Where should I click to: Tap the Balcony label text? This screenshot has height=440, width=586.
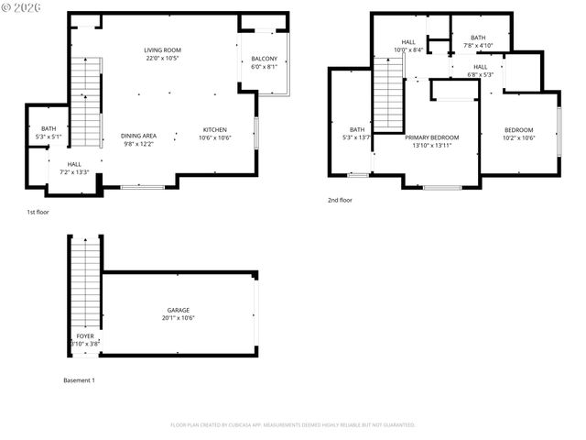[x=264, y=60]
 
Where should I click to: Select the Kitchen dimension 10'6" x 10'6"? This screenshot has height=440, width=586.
[x=215, y=137]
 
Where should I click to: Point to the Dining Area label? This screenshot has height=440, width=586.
[x=138, y=136]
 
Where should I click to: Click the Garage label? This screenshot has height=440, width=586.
[x=178, y=310]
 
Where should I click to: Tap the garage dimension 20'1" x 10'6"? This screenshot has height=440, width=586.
[x=178, y=318]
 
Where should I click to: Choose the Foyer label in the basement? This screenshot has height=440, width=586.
[x=84, y=336]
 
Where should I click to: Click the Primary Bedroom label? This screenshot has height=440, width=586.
[x=431, y=137]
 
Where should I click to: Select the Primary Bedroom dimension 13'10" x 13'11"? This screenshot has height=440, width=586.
[x=431, y=146]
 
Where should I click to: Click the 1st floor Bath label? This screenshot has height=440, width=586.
[x=49, y=129]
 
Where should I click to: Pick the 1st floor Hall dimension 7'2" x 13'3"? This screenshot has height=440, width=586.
[x=74, y=171]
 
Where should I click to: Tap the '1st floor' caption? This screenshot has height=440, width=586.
[x=38, y=212]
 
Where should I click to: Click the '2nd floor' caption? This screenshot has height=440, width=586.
[x=340, y=200]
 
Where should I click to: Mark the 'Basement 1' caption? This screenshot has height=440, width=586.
[x=79, y=379]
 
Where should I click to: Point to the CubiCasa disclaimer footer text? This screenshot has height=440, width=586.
[x=293, y=424]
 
